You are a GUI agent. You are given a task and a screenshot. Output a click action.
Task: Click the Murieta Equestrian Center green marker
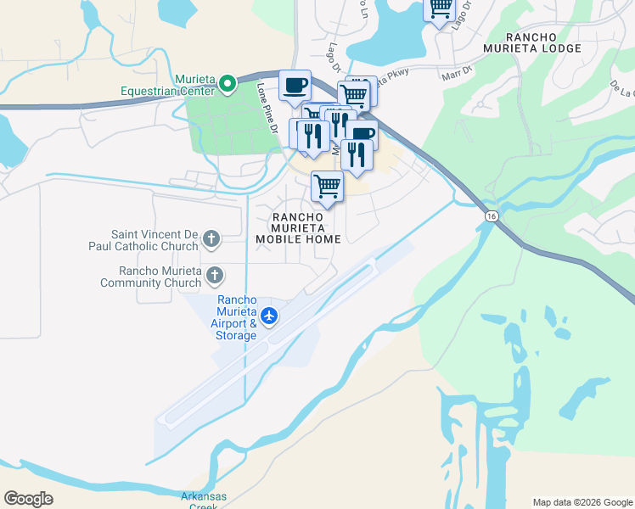(x=228, y=83)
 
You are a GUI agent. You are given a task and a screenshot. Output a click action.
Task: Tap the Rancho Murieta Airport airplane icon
(x=270, y=316)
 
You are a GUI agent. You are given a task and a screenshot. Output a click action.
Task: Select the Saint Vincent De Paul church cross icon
(x=212, y=240)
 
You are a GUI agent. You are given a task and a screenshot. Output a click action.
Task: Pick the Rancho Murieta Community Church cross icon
(x=215, y=275)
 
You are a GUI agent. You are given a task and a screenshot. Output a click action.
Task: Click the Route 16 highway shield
(x=492, y=217)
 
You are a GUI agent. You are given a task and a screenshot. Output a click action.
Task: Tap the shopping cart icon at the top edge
(x=440, y=9)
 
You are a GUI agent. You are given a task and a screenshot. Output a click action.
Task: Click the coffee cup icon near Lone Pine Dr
(x=295, y=86)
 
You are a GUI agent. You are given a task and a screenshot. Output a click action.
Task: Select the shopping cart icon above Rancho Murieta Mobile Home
(x=328, y=187)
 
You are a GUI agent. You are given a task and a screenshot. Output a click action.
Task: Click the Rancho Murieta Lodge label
(x=543, y=42)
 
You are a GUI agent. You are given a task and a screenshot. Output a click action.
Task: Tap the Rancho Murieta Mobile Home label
(x=298, y=228)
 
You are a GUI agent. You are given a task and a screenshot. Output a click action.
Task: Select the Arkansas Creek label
(x=199, y=501)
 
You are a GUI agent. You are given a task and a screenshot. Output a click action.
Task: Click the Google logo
(x=28, y=499)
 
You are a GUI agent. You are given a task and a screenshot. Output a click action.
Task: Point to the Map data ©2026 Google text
(x=582, y=502)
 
